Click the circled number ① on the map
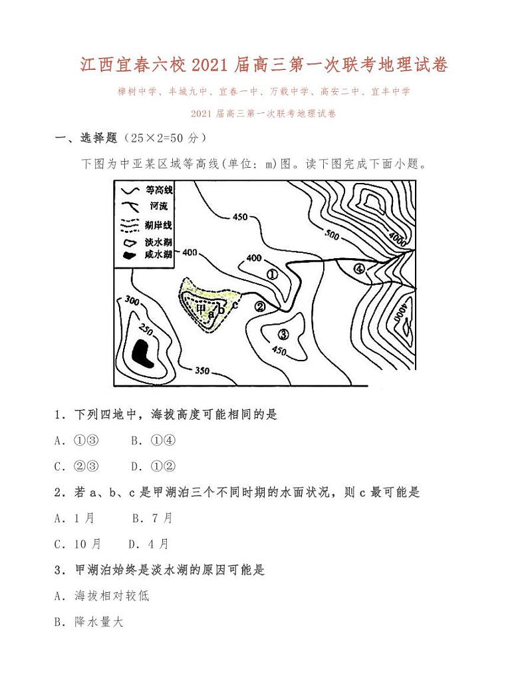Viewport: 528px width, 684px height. pyautogui.click(x=271, y=273)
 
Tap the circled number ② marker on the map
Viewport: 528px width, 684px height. pyautogui.click(x=260, y=306)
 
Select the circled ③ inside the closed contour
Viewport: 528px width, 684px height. pyautogui.click(x=283, y=334)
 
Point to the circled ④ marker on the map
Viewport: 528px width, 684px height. pyautogui.click(x=359, y=269)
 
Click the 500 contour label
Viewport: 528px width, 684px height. pyautogui.click(x=332, y=234)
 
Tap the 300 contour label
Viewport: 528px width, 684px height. pyautogui.click(x=132, y=301)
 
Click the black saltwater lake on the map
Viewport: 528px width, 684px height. pyautogui.click(x=142, y=351)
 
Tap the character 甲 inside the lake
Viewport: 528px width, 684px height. pyautogui.click(x=201, y=307)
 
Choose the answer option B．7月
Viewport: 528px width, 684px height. pyautogui.click(x=152, y=518)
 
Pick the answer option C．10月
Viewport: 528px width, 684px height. pyautogui.click(x=78, y=544)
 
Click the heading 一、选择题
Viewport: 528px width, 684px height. pyautogui.click(x=86, y=138)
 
